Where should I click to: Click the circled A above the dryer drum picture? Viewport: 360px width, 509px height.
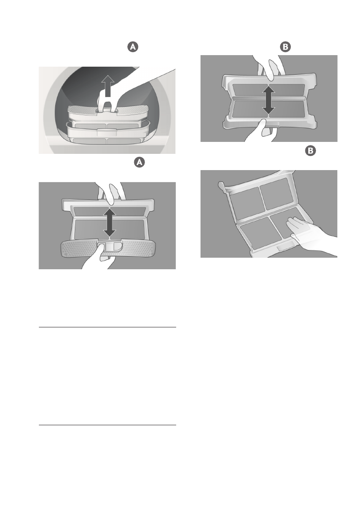click(x=133, y=47)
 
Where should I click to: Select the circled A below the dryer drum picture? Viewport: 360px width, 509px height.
click(x=139, y=162)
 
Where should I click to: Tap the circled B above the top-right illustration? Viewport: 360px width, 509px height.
click(x=285, y=47)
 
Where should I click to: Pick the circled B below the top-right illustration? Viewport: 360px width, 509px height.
click(x=311, y=150)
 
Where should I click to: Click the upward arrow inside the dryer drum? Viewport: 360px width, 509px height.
click(x=108, y=85)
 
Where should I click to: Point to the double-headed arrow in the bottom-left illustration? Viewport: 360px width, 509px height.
click(x=110, y=222)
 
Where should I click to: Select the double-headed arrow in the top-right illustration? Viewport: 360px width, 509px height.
click(x=269, y=100)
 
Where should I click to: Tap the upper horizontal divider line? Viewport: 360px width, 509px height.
click(x=107, y=327)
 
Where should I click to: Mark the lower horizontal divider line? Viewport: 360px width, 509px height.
click(x=107, y=425)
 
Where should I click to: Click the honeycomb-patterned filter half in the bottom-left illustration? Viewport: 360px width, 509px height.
click(x=107, y=249)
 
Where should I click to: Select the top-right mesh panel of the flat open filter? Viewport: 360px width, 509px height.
click(x=278, y=194)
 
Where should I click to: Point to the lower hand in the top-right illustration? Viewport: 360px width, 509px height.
click(x=261, y=132)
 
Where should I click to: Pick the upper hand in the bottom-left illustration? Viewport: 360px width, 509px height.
click(x=111, y=194)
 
